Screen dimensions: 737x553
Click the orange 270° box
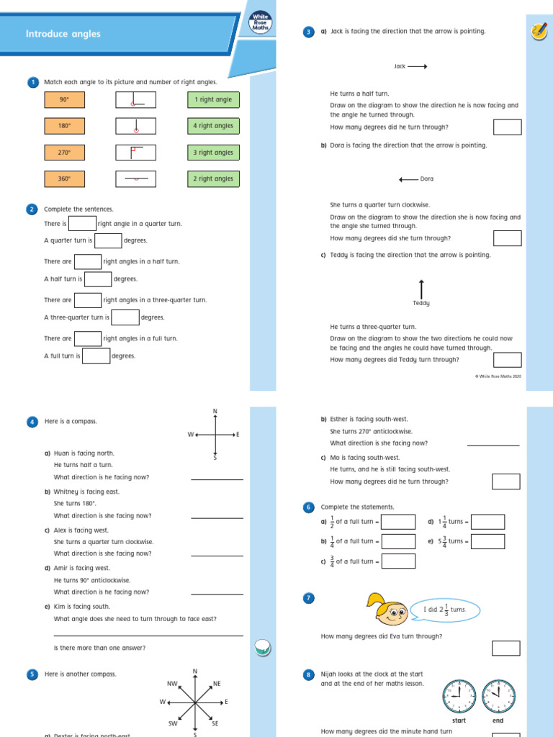point(64,153)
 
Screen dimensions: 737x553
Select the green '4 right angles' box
point(212,126)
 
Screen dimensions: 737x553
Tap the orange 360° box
point(64,178)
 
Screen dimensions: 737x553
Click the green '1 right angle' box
point(212,100)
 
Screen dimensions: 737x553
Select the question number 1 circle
point(32,83)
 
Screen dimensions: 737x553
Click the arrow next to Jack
point(418,66)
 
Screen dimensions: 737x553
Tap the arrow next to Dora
point(408,179)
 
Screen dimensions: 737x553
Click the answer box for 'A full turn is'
point(96,356)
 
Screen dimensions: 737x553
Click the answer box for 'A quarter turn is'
point(108,240)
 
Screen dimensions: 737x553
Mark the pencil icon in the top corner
point(537,30)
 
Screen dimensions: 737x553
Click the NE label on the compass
point(217,683)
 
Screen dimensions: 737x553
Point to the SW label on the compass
point(173,723)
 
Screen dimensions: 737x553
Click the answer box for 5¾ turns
point(487,541)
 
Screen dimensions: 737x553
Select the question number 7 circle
point(308,598)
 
